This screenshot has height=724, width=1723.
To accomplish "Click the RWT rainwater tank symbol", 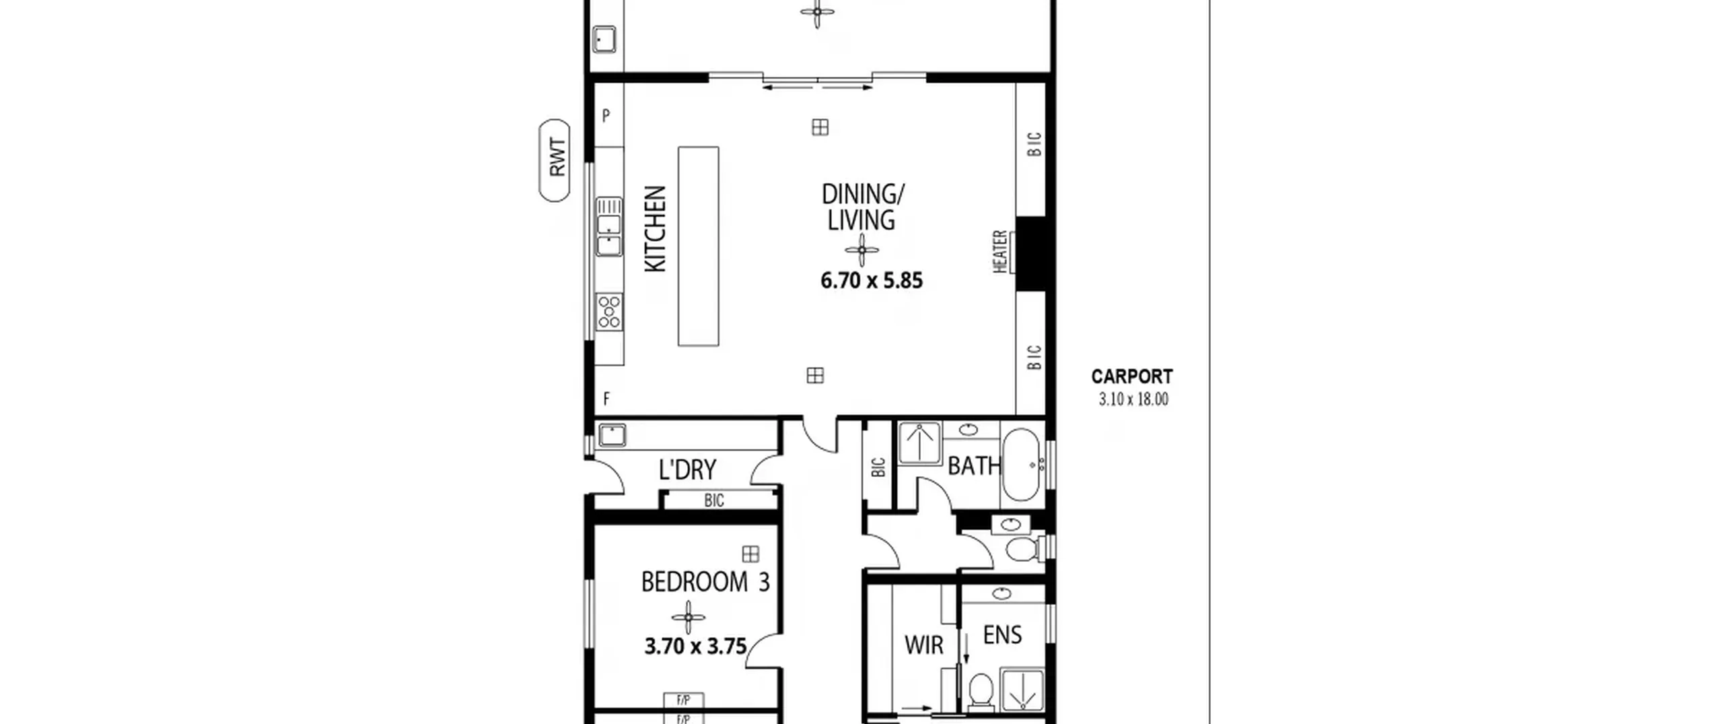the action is tap(555, 160).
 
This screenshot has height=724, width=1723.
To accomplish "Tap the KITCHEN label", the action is tap(656, 229).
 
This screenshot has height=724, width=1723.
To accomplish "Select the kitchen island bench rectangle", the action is tap(698, 246).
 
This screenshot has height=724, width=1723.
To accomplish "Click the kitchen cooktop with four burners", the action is tap(609, 312).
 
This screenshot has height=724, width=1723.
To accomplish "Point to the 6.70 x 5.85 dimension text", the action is tap(872, 280).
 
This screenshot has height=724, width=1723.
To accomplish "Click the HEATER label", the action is tap(1000, 251).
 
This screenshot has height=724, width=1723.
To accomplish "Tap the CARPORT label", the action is tap(1132, 376).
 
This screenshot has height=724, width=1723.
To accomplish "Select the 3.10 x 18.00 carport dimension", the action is tap(1133, 399).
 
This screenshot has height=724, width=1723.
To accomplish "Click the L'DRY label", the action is tap(687, 469).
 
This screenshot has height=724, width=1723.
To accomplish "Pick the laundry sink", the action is tap(612, 435).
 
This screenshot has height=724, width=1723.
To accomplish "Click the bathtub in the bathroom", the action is tap(1022, 465).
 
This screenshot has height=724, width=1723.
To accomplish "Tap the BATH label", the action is tap(974, 465).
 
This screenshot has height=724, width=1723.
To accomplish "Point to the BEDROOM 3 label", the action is tap(705, 582).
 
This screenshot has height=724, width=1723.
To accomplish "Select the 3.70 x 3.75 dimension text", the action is tap(696, 647).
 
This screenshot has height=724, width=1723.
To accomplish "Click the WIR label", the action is tap(924, 645).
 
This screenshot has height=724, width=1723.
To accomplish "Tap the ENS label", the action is tap(1002, 635).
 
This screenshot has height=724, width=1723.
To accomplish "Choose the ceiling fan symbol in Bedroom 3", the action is tap(689, 617).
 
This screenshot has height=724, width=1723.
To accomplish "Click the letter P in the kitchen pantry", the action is tap(606, 116).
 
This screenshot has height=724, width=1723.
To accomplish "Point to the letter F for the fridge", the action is tap(606, 399).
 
